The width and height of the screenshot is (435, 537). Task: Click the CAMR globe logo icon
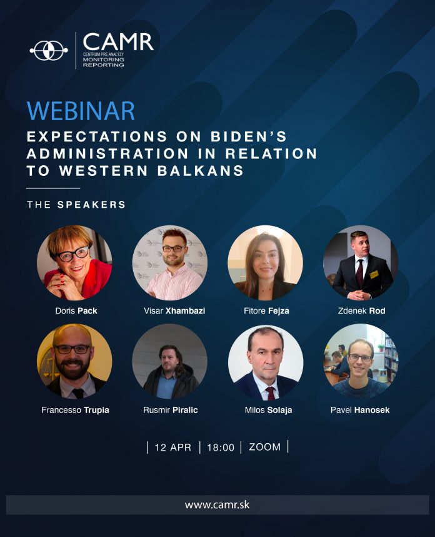tap(49, 51)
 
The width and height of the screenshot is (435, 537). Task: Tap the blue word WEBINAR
tap(81, 111)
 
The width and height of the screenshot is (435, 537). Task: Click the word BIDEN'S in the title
tap(249, 136)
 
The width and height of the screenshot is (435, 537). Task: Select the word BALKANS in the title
tap(201, 171)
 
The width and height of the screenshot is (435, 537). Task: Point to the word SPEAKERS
tap(92, 205)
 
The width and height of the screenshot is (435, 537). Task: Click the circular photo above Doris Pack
tap(74, 263)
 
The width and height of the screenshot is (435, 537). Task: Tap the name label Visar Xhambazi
tap(174, 310)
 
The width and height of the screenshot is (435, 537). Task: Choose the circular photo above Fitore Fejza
tap(266, 263)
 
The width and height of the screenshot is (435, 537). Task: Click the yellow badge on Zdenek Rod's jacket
tap(374, 275)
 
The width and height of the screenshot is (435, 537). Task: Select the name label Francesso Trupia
tap(75, 410)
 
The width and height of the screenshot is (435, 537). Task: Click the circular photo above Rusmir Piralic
tap(169, 362)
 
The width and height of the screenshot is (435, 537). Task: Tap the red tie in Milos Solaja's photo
tap(271, 394)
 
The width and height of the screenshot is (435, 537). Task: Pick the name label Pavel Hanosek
tap(360, 410)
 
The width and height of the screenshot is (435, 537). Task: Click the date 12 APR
tap(172, 447)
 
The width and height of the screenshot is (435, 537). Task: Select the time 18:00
tap(221, 447)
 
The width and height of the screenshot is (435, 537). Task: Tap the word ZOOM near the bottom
tap(265, 447)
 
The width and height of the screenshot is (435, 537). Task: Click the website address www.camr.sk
tap(217, 504)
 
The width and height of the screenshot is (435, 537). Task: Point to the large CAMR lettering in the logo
tap(118, 42)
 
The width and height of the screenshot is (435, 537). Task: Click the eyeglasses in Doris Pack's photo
tap(73, 254)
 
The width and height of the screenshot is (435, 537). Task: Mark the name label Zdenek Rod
tap(361, 310)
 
